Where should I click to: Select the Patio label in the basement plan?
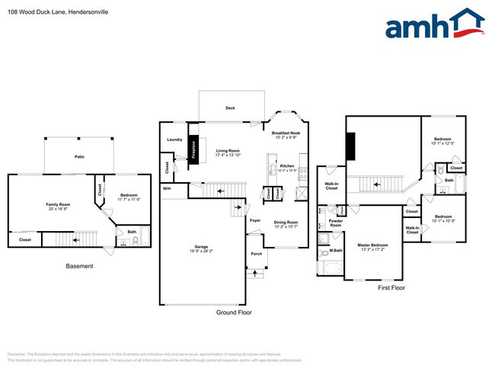tap(79, 156)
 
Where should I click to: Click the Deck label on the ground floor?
tap(230, 108)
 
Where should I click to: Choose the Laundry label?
tap(174, 139)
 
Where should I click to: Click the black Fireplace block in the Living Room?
tap(194, 148)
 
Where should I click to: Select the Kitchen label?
tap(287, 166)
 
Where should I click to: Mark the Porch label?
tap(256, 255)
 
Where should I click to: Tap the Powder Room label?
tap(336, 223)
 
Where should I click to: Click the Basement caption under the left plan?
tap(79, 266)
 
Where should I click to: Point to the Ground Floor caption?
tap(235, 312)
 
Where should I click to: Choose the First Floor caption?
tap(391, 288)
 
